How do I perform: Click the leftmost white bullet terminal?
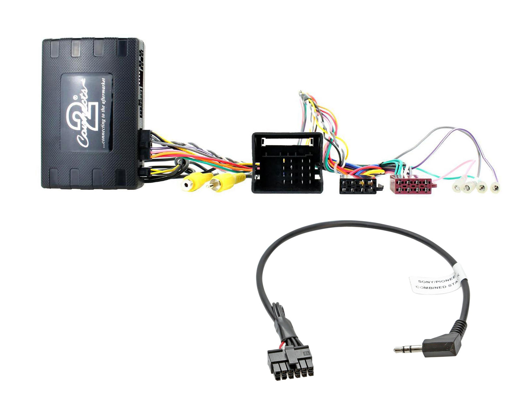[x=456, y=188]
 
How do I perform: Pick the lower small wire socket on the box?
[x=144, y=173]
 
